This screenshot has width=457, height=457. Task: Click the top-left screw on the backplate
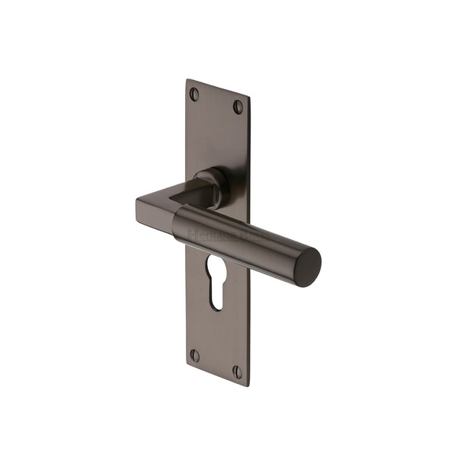pyautogui.click(x=194, y=94)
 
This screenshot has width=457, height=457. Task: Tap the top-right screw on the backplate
pyautogui.click(x=238, y=106)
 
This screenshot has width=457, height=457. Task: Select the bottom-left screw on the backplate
pyautogui.click(x=194, y=356)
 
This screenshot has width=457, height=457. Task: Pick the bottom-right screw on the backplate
pyautogui.click(x=238, y=372)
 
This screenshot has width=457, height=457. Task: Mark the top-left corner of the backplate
pyautogui.click(x=187, y=79)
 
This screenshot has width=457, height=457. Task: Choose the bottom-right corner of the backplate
pyautogui.click(x=248, y=385)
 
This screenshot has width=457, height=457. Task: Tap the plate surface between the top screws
pyautogui.click(x=216, y=101)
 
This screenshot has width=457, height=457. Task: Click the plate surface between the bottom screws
pyautogui.click(x=216, y=364)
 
